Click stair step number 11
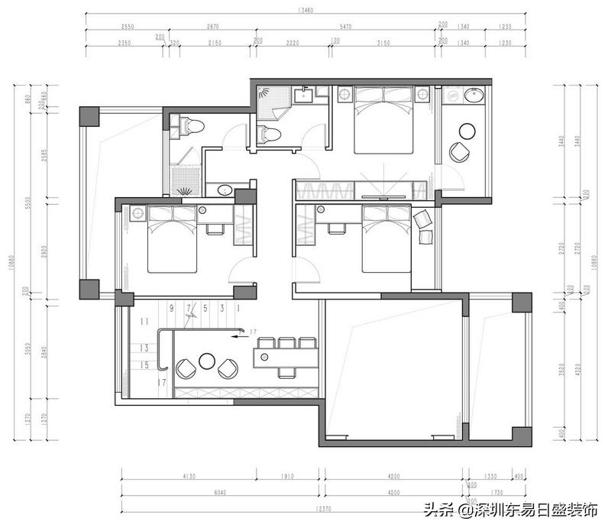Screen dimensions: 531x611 point(144,321)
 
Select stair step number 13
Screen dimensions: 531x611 point(144,348)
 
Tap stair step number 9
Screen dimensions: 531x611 point(172,308)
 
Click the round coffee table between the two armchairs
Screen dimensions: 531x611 point(206,360)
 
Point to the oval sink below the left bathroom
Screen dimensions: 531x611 point(224,189)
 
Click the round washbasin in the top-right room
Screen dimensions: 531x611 point(474,96)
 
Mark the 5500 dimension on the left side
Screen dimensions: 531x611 point(27,203)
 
